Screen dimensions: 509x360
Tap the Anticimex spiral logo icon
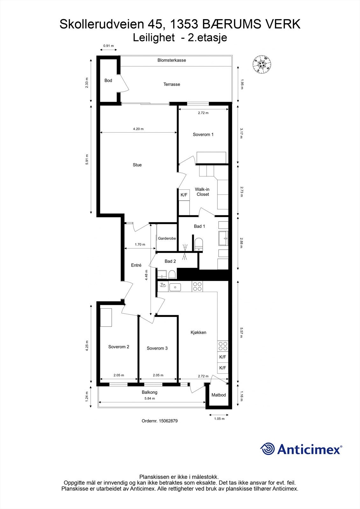tap(267, 449)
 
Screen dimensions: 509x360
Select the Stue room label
tap(137, 165)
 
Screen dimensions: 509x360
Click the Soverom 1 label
tap(203, 135)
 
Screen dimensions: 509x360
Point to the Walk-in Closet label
tap(202, 192)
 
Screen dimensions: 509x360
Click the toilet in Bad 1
tap(199, 244)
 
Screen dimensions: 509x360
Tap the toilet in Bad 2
tap(172, 274)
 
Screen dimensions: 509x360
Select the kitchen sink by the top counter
tap(175, 287)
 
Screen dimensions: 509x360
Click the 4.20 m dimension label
tap(138, 129)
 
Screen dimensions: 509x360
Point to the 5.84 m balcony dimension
tap(150, 398)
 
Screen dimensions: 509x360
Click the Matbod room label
tap(219, 395)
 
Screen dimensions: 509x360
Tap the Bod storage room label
tap(108, 80)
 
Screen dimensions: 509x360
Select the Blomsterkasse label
tap(172, 60)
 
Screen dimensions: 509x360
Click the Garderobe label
tap(167, 238)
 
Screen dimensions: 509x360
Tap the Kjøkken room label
tap(198, 332)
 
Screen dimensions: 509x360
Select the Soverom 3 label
tap(157, 348)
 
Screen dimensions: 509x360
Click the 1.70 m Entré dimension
tap(140, 245)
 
